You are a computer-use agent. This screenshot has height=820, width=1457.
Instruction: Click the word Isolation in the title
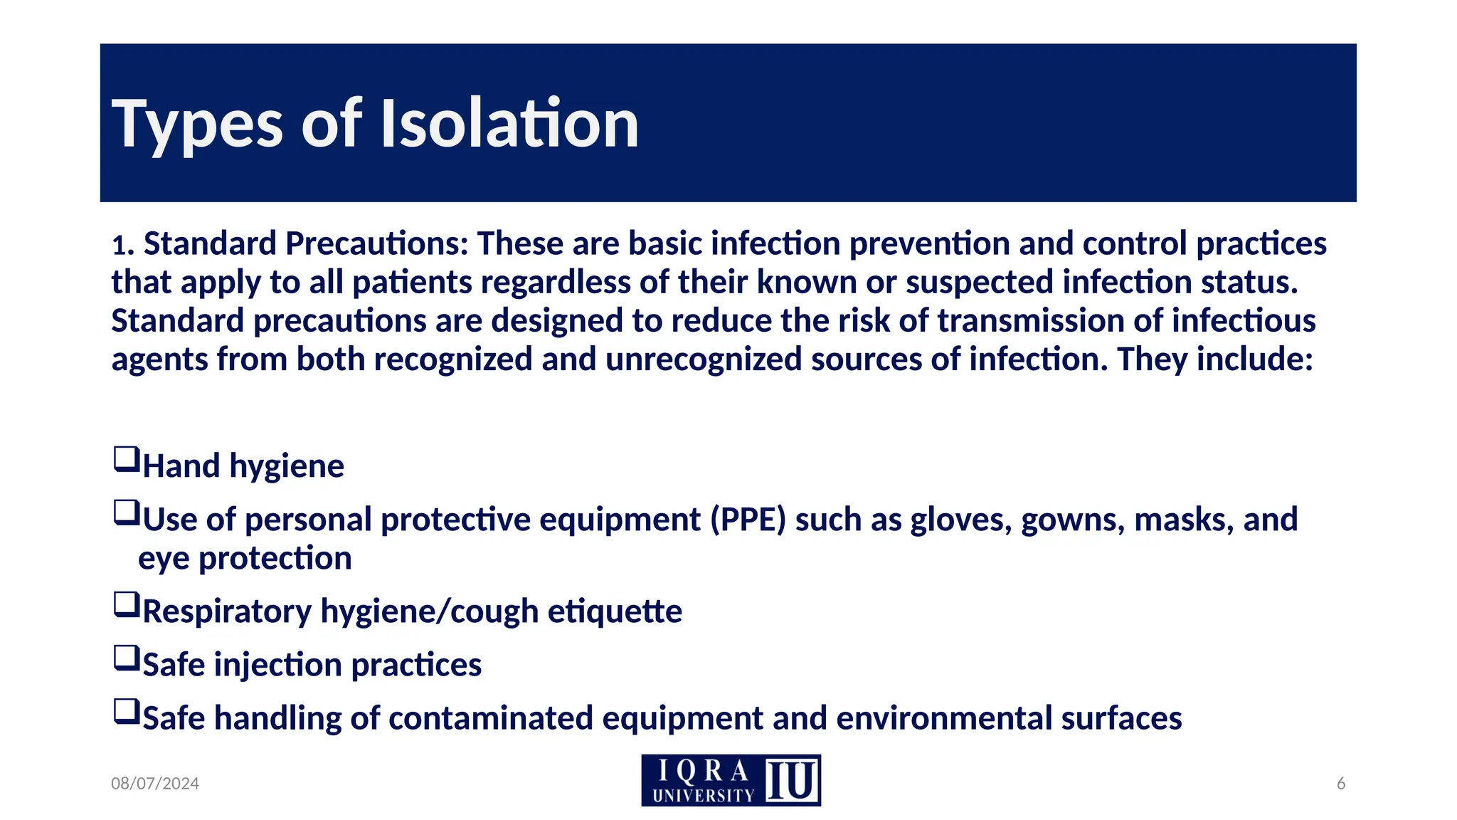(x=509, y=124)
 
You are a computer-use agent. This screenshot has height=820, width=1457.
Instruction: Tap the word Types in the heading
(x=197, y=125)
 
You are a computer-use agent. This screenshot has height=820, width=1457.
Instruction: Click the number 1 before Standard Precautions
(x=119, y=246)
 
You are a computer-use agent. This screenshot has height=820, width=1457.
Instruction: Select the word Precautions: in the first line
(x=377, y=244)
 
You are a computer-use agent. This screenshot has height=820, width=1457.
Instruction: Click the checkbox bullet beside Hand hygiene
(x=126, y=459)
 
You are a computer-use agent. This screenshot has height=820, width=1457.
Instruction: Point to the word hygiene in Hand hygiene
(x=287, y=467)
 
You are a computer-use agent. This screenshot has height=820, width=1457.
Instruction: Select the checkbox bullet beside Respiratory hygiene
(x=126, y=605)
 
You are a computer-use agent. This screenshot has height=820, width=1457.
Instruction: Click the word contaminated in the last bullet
(x=491, y=718)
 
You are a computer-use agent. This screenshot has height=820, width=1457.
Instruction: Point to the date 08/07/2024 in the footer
(x=155, y=784)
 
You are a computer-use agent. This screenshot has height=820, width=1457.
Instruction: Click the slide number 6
(x=1341, y=784)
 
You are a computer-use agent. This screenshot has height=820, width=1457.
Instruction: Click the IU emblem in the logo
(x=791, y=780)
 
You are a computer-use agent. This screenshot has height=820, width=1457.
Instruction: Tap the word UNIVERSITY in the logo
(x=703, y=796)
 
